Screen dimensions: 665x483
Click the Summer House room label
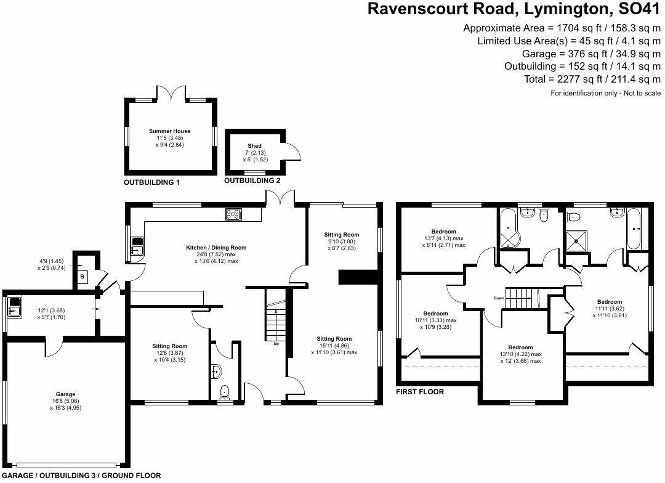tap(169, 131)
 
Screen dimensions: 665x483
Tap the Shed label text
tap(254, 146)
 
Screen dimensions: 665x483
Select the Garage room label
tap(66, 394)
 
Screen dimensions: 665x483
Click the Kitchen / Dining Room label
tap(216, 248)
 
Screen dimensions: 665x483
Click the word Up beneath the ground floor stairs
tap(276, 344)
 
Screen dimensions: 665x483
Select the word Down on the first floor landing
tap(499, 298)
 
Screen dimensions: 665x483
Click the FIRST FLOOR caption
tap(421, 392)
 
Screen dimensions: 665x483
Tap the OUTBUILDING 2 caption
tap(252, 181)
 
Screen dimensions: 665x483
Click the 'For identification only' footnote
tap(605, 93)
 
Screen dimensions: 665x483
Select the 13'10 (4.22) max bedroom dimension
tap(521, 354)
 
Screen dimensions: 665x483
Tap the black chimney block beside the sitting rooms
tap(357, 278)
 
